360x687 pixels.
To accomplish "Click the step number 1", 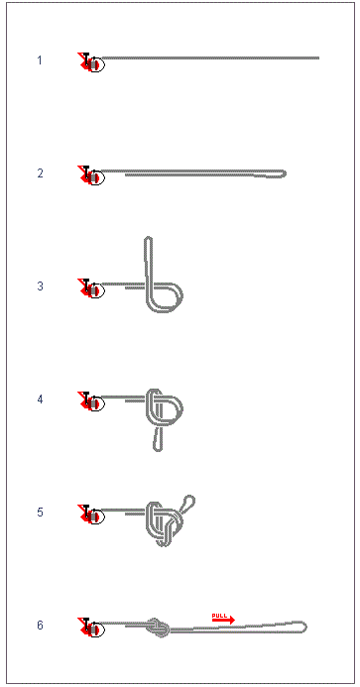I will pos(40,60).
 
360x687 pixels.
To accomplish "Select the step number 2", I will pos(40,173).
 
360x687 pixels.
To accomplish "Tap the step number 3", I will pos(40,286).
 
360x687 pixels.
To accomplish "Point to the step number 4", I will pos(40,400).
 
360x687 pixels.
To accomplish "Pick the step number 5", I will pos(40,513).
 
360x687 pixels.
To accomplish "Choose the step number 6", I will pos(40,626).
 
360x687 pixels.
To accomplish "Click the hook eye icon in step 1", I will pos(91,63).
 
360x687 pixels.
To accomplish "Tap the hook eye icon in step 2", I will pos(91,176).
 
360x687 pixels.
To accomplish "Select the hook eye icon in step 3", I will pos(91,289).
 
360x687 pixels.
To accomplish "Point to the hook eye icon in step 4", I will pos(91,402).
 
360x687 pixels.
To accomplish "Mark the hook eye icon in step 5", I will pos(91,515).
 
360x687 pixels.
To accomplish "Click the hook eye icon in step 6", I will pos(91,629).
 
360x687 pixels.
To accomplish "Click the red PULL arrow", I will pos(222,619).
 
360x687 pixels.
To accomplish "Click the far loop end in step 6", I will pos(303,627).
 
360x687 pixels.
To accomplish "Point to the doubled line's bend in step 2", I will pos(284,173).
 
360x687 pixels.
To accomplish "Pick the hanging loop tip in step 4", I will pos(158,448).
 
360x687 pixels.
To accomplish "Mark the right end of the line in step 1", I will pos(317,58).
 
